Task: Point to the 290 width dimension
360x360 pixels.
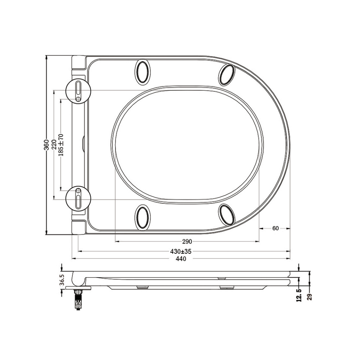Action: (187, 241)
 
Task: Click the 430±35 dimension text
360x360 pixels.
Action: (181, 251)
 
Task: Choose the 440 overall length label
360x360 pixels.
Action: (181, 259)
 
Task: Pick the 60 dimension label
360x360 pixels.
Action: (275, 228)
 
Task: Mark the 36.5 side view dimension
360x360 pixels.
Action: (62, 280)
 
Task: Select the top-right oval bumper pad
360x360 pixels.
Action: (227, 74)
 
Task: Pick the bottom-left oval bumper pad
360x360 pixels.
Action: (143, 217)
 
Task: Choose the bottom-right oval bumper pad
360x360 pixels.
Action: (227, 214)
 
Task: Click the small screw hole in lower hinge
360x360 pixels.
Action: (79, 190)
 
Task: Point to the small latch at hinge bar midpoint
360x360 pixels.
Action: (84, 144)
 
